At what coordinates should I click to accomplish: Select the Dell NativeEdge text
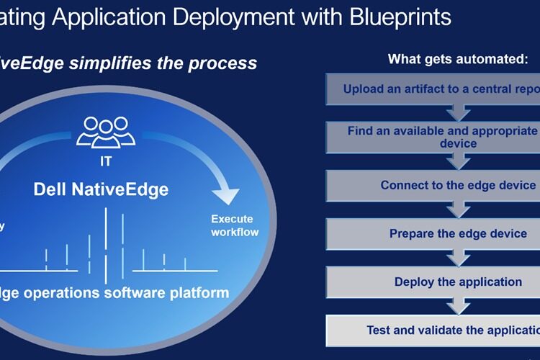click(101, 190)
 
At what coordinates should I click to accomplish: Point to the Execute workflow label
click(234, 225)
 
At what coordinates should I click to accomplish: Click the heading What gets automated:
click(458, 59)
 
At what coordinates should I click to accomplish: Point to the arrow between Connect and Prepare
click(458, 210)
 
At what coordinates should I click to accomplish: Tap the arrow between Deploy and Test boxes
click(458, 306)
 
